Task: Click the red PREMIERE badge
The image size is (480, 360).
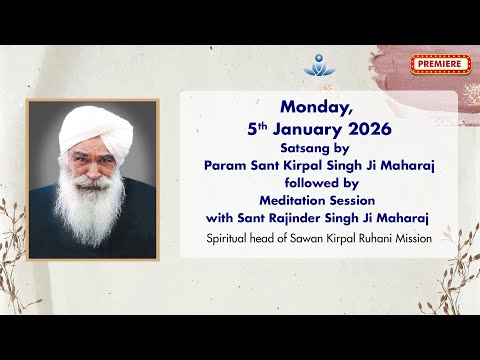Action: click(x=439, y=65)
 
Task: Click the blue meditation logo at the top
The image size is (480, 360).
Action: click(x=316, y=63)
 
